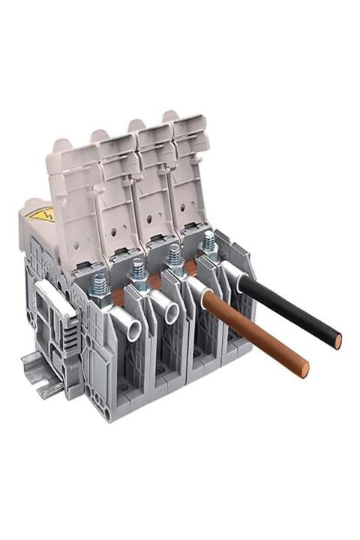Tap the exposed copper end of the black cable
(x=339, y=341)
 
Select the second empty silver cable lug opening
(x=163, y=308)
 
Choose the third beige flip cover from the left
(x=154, y=176)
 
